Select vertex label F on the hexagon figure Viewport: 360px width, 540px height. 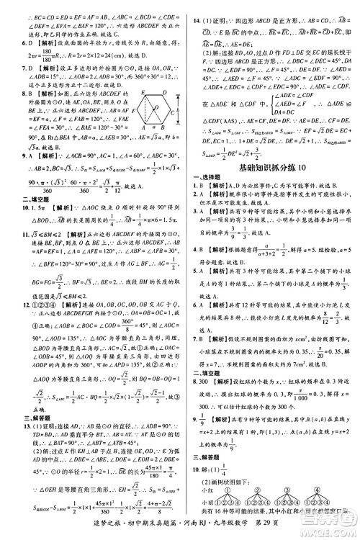pos(135,113)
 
